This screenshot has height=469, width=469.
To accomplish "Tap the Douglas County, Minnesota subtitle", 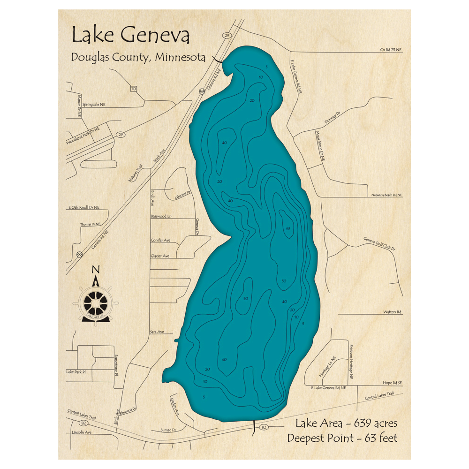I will click(138, 57).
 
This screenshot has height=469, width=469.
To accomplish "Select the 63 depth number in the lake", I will click(288, 228).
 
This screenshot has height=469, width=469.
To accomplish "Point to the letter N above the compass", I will click(96, 269).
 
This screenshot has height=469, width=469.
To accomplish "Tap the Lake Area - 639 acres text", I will click(346, 424).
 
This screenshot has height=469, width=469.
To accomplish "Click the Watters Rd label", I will click(393, 312).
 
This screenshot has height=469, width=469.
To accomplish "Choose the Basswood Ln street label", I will click(161, 217).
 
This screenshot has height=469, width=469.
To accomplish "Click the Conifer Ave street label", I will click(160, 240).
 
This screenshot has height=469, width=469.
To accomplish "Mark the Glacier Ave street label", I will click(159, 256).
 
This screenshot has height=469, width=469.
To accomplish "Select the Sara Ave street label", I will click(157, 332).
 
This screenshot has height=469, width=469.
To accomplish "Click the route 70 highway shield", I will click(134, 89).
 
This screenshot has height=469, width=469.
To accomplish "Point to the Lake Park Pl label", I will click(77, 371).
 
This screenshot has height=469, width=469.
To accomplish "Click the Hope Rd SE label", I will click(393, 383).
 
